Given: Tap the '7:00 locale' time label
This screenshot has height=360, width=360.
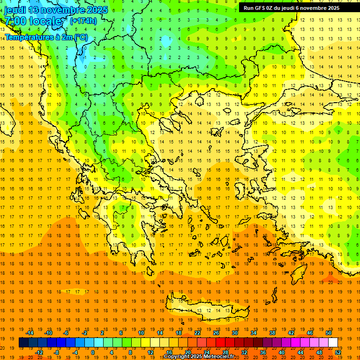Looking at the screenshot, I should tap(33, 21).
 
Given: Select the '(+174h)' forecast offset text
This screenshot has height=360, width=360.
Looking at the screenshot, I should tap(83, 21).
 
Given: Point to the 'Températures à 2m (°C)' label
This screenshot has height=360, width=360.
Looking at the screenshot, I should tap(46, 37).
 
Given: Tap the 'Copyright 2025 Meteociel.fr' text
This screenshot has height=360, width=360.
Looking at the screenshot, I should tap(199, 357).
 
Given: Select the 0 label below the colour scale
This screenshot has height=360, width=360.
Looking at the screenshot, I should tap(92, 352).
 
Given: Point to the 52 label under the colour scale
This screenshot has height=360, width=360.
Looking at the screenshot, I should tap(338, 352).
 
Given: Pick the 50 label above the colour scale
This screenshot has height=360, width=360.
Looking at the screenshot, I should tap(328, 333).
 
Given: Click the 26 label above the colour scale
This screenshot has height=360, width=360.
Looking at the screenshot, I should tap(216, 333).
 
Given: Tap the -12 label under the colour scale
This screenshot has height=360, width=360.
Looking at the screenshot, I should tap(39, 352).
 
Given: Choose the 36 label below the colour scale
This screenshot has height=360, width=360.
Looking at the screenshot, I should tap(263, 352).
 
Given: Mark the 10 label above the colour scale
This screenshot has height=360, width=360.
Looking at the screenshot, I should tap(141, 333).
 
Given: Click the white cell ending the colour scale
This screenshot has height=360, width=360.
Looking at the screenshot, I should tap(333, 343).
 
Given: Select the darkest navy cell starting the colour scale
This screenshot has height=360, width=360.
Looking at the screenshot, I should tap(23, 343).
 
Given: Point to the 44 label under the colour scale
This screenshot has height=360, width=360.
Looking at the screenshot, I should tap(300, 352).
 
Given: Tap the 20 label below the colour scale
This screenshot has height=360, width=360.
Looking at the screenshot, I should tap(187, 352).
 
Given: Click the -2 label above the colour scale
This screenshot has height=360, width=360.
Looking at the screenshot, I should tap(85, 333).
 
